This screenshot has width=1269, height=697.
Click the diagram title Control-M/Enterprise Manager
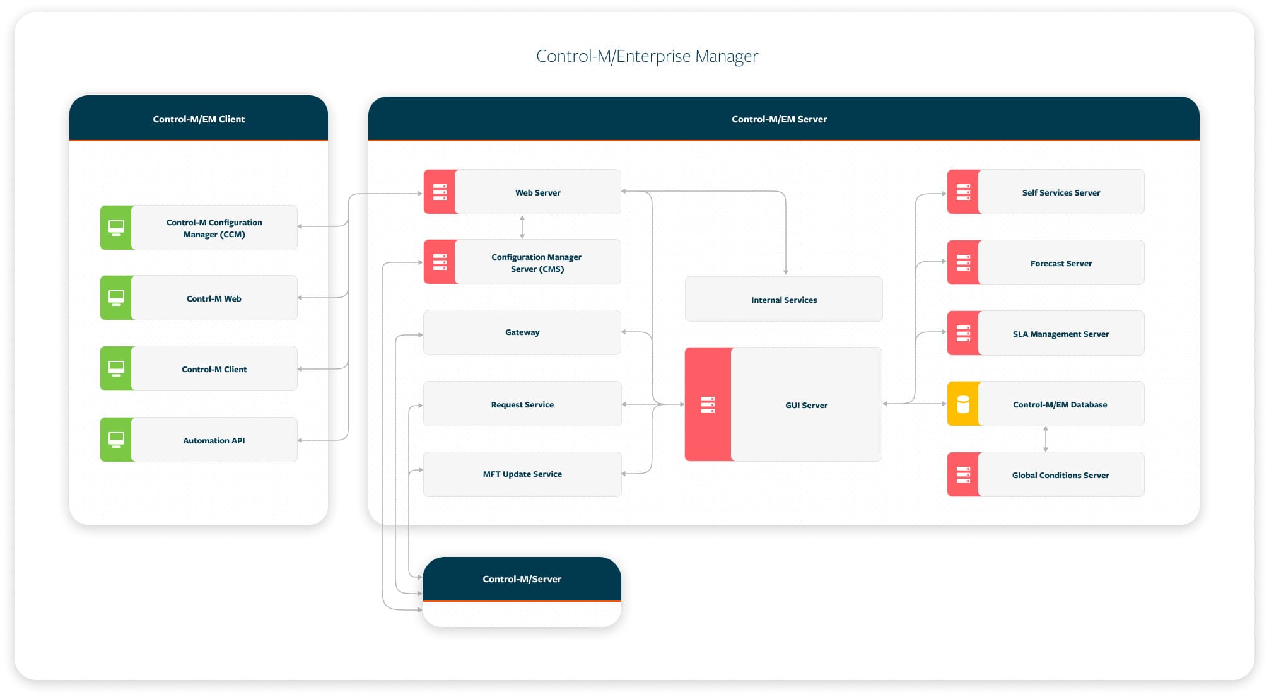coord(646,56)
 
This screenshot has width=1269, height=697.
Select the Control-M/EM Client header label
coord(199,119)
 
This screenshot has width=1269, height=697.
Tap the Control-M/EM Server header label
coord(779,119)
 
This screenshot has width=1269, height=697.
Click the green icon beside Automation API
coord(117,440)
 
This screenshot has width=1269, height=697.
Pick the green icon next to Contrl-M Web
coord(117,298)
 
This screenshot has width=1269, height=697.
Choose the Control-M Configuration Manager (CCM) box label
coord(214,228)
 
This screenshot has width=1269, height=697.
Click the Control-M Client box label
coord(214,370)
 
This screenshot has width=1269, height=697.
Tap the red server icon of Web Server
coord(440,192)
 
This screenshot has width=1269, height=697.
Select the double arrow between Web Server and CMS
coord(522,227)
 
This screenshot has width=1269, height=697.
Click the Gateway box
coord(522,332)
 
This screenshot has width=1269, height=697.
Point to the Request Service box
coord(522,404)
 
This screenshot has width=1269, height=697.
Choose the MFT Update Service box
coord(522,474)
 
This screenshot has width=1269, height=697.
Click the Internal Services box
coord(783,300)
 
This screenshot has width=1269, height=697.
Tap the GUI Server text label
coord(806,405)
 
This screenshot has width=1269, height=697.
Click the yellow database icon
coord(963,404)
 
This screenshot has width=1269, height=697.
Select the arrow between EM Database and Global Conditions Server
coord(1046,439)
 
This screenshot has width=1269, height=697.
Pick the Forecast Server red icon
coord(963,262)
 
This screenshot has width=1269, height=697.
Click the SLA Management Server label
coord(1061,334)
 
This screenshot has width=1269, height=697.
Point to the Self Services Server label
coord(1061,193)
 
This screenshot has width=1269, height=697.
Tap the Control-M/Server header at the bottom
coord(522,579)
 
